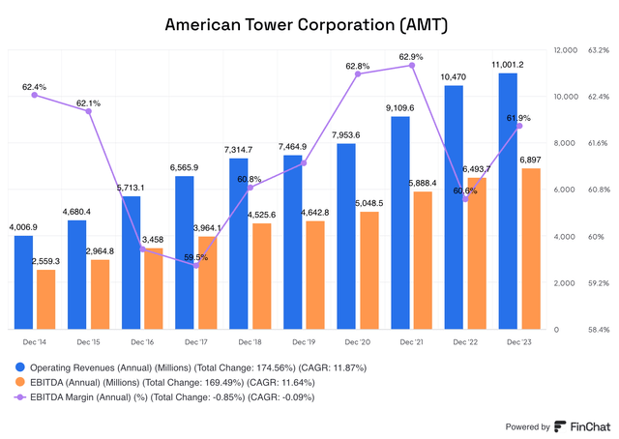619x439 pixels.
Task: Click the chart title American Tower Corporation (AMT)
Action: (x=309, y=22)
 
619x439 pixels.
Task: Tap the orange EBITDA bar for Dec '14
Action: (x=45, y=299)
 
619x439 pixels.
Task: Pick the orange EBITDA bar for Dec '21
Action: (x=423, y=260)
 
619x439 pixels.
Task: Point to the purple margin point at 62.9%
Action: (x=412, y=66)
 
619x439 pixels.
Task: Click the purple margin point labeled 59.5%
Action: (x=197, y=265)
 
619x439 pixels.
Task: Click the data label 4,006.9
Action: (x=24, y=226)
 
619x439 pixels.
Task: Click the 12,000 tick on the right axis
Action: (x=564, y=49)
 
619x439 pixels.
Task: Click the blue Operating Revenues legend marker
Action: (x=20, y=368)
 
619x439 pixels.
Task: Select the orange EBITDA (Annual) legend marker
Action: (x=20, y=383)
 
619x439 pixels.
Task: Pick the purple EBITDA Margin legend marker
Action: (x=20, y=396)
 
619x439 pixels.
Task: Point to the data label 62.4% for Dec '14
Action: (x=36, y=85)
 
